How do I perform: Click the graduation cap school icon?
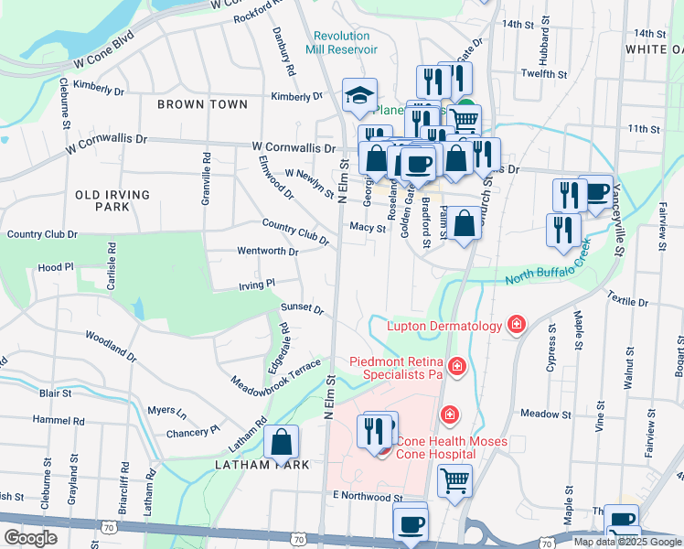coord(360,95)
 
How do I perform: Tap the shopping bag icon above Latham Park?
coord(282,441)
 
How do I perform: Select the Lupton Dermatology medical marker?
coord(517,326)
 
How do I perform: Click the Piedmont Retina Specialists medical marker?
coord(457,368)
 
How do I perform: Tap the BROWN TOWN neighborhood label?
coord(202,104)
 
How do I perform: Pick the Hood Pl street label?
coord(55,267)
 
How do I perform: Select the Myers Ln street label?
coord(166,411)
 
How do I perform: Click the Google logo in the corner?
coord(29,538)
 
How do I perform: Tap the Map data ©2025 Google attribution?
coord(626,542)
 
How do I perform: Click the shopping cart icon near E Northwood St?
coord(454,479)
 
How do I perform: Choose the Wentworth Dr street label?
coord(267,251)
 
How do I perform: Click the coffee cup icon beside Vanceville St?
coord(596,191)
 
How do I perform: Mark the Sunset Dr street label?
coord(302,308)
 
